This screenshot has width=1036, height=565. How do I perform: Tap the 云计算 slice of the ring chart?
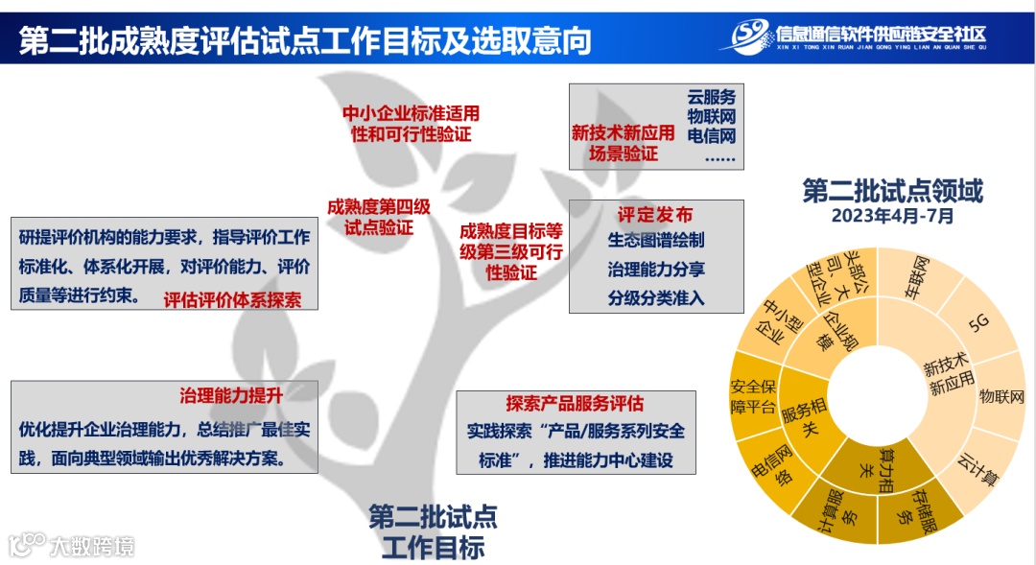978,466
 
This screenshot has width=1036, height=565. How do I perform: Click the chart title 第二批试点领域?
892,191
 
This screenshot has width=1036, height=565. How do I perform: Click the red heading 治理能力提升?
230,394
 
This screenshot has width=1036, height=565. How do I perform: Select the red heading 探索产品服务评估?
575,403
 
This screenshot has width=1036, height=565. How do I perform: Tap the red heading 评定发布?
655,214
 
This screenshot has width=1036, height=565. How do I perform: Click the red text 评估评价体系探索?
232,299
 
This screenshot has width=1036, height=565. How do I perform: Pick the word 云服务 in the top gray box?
711,97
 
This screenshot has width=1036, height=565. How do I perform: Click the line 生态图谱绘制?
656,240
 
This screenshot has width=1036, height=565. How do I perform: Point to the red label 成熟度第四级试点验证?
379,217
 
